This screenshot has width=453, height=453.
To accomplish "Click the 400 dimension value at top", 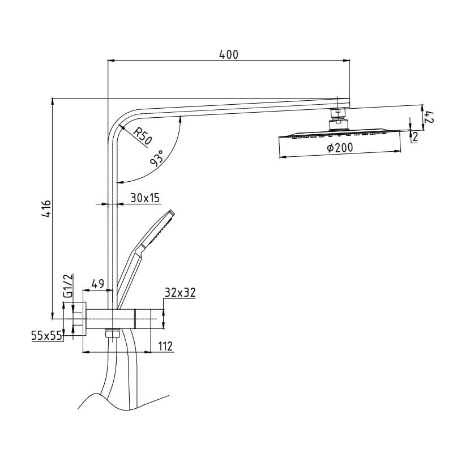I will tap(229, 54).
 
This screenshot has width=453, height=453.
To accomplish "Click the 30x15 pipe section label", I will tap(145, 198).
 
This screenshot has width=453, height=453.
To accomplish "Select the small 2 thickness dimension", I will tap(416, 137).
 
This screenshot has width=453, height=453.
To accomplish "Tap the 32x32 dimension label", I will tap(180, 293).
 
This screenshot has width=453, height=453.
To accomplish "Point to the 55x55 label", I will tap(46, 336).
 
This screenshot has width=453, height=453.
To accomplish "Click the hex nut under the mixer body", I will tap(112, 333).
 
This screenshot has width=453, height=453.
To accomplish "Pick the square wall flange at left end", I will tap(79, 319).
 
